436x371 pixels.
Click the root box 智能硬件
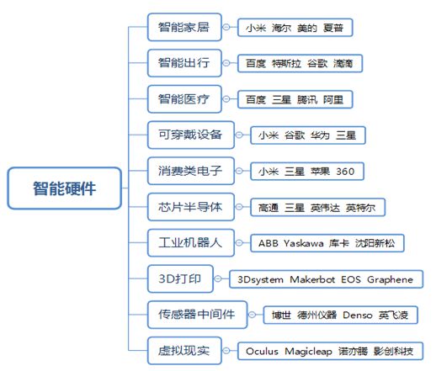click(65, 188)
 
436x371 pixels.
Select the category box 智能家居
click(184, 27)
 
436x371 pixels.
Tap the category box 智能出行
click(184, 63)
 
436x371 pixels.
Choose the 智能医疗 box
click(184, 99)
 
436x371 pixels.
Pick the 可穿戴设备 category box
click(191, 135)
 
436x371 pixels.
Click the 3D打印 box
click(180, 278)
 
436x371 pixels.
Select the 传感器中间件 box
click(197, 315)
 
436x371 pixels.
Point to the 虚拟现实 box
click(184, 351)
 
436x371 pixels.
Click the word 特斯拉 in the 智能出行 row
click(286, 64)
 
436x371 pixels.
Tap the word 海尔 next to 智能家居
click(281, 28)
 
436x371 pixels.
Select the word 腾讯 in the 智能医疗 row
click(307, 99)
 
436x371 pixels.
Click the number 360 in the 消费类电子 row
click(345, 172)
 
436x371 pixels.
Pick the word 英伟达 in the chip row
click(325, 208)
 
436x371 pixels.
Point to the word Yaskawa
click(303, 243)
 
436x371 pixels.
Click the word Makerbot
click(312, 279)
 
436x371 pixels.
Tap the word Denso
click(358, 315)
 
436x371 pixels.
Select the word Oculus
click(262, 351)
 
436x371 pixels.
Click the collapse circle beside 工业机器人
click(239, 243)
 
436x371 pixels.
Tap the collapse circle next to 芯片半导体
click(239, 207)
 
